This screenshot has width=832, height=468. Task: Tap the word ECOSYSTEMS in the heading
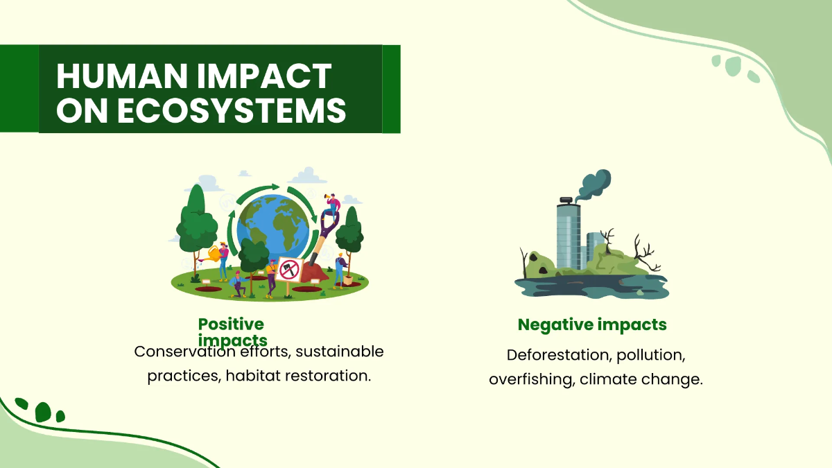232,111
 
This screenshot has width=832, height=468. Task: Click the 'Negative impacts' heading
592,324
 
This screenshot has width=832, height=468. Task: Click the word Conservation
185,352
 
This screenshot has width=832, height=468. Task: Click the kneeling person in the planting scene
239,284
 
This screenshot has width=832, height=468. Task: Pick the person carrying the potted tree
339,269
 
